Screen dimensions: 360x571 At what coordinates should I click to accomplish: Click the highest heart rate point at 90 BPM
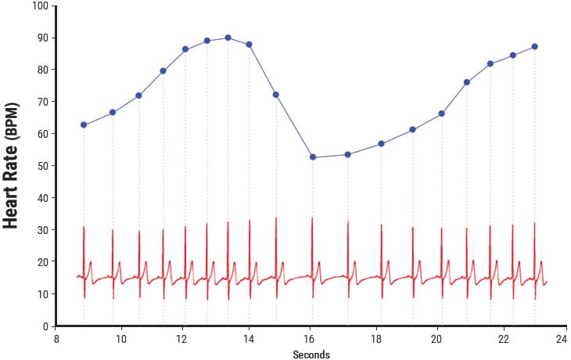coord(228,38)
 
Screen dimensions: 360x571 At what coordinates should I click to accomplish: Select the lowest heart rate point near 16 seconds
coord(313,157)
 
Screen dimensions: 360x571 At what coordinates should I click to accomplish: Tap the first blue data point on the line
coord(84,124)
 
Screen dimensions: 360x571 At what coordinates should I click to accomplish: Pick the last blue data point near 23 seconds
coord(534,46)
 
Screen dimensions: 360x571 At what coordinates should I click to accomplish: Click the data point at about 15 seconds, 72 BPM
coord(275,95)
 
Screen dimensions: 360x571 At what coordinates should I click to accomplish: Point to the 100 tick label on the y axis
coord(40,6)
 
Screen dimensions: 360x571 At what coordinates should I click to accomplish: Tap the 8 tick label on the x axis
coord(57,339)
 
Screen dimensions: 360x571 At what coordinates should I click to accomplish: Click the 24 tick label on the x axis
coord(562,339)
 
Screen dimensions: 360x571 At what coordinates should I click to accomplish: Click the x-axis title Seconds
coord(311,355)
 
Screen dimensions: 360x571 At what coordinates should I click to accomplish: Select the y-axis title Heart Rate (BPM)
coord(12,164)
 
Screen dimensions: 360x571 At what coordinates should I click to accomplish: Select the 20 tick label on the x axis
coord(436,339)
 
